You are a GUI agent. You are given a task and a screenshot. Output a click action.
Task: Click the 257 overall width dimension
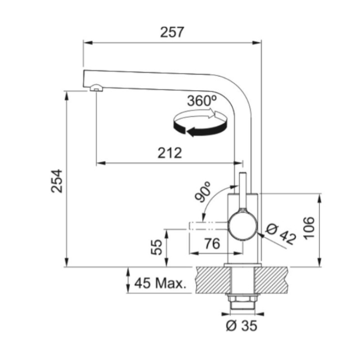point(172,32)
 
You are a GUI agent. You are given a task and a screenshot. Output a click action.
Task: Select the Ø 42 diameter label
point(281,234)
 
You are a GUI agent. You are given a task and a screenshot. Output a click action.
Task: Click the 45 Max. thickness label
point(161,283)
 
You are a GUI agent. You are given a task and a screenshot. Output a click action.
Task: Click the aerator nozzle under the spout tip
point(95,88)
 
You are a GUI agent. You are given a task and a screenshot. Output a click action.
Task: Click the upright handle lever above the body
point(243,189)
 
